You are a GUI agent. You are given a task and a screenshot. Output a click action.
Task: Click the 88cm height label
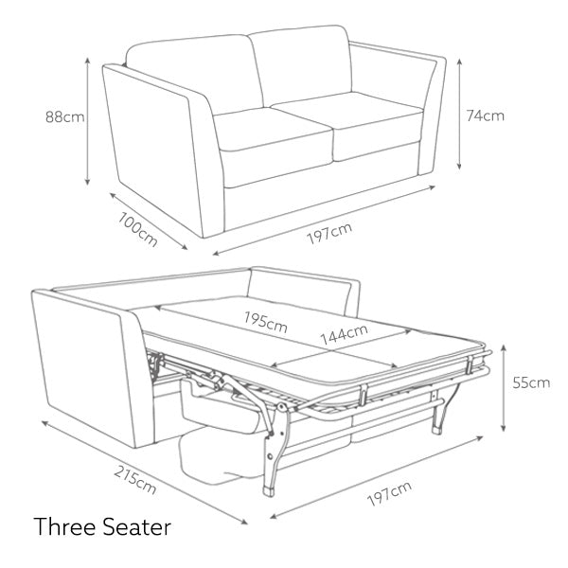pos(65,117)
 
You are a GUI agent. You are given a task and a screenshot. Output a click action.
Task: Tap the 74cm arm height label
pos(485,115)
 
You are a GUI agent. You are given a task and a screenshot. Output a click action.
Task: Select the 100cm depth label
pos(138,229)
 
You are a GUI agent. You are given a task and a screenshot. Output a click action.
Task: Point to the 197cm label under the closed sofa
pos(329,233)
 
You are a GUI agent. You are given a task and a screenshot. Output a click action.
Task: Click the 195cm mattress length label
pos(265,322)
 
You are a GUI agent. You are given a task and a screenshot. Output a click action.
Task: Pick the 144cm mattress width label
pos(345,333)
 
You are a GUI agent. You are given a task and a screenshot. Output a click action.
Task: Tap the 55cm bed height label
pos(531,382)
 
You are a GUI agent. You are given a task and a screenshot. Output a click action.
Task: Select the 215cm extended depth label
pos(135,480)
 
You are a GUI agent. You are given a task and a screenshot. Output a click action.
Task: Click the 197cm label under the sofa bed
pos(389,493)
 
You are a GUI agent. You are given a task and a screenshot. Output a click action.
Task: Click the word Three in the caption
pos(64,526)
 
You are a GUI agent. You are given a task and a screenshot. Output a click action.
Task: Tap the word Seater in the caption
pos(136,526)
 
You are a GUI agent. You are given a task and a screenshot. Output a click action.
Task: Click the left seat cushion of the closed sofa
pos(273,130)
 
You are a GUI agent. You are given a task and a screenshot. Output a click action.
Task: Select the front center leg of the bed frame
pos(275,453)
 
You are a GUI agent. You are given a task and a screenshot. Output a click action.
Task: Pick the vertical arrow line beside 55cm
pos(504,388)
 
